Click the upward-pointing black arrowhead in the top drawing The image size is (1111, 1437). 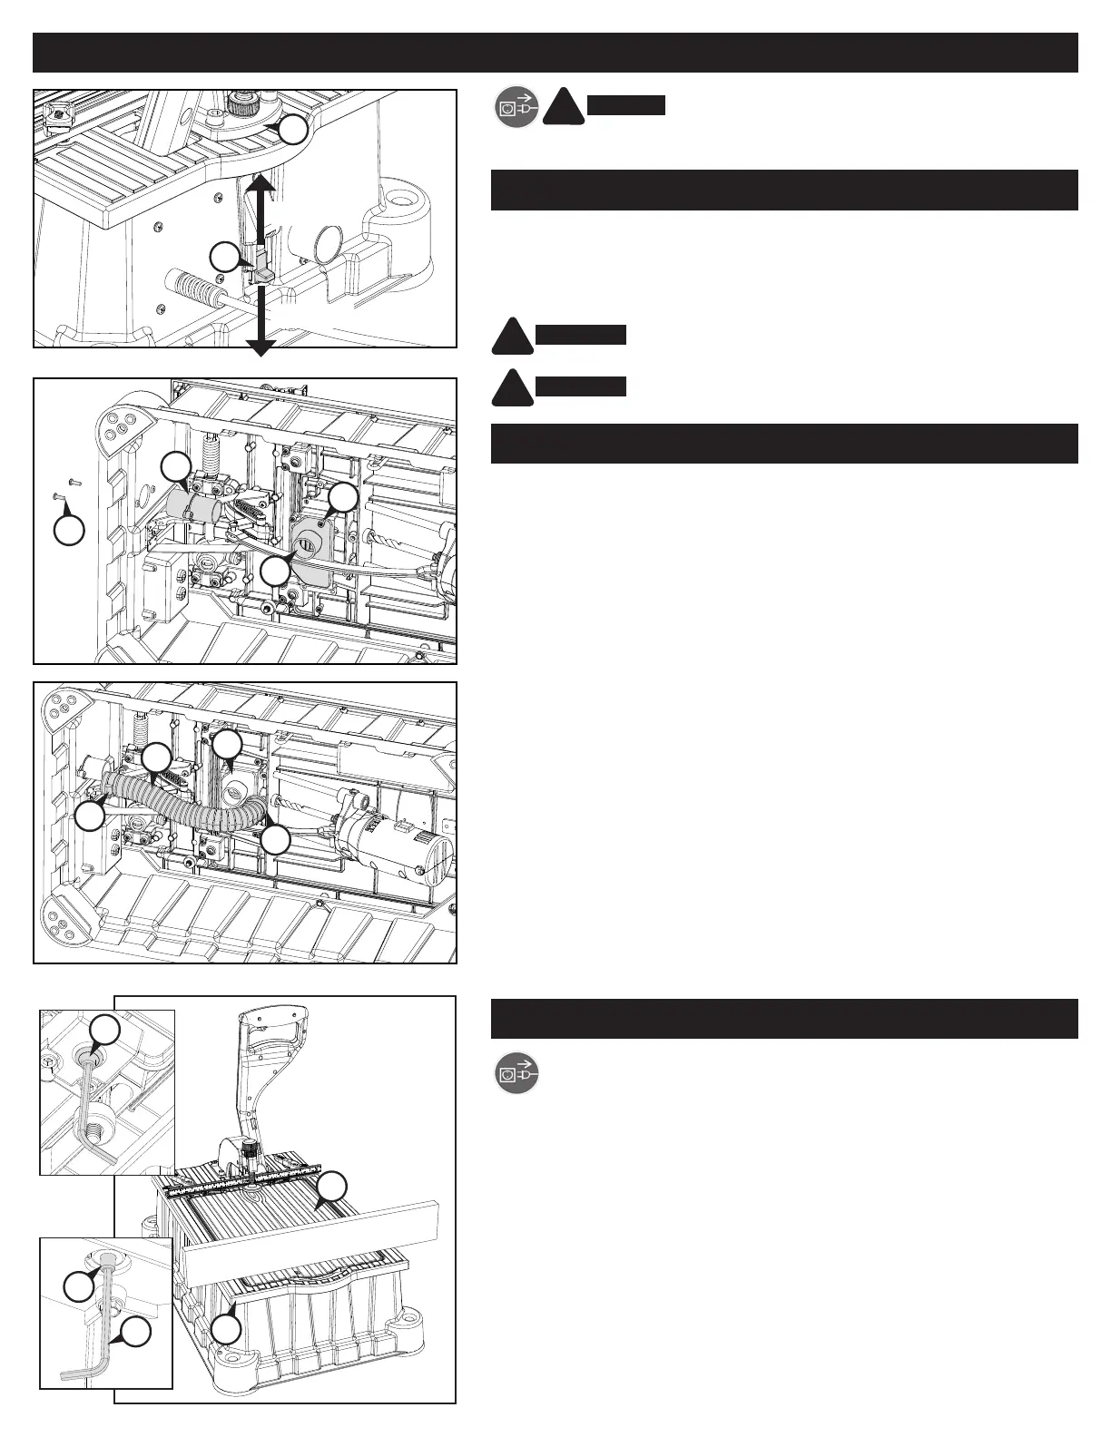pyautogui.click(x=261, y=182)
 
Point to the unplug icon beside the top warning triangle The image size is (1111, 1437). pyautogui.click(x=516, y=109)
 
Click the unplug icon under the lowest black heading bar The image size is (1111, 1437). pyautogui.click(x=516, y=1074)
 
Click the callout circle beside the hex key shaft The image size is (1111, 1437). pyautogui.click(x=135, y=1332)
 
